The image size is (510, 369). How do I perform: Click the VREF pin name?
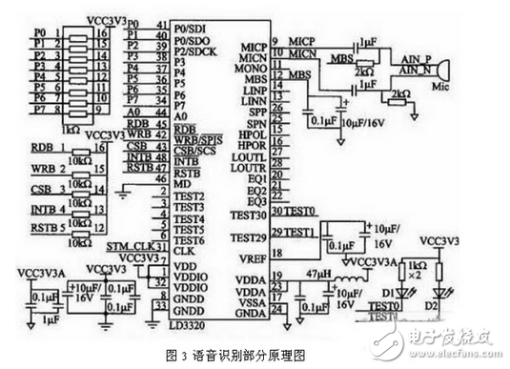[x=253, y=256]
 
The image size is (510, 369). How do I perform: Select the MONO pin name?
[x=255, y=69]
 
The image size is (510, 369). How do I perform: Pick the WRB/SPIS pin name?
[x=199, y=140]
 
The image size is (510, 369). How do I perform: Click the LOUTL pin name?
[x=252, y=156]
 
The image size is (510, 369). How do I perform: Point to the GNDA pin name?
[x=253, y=312]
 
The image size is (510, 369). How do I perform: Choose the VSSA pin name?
[x=253, y=299]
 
